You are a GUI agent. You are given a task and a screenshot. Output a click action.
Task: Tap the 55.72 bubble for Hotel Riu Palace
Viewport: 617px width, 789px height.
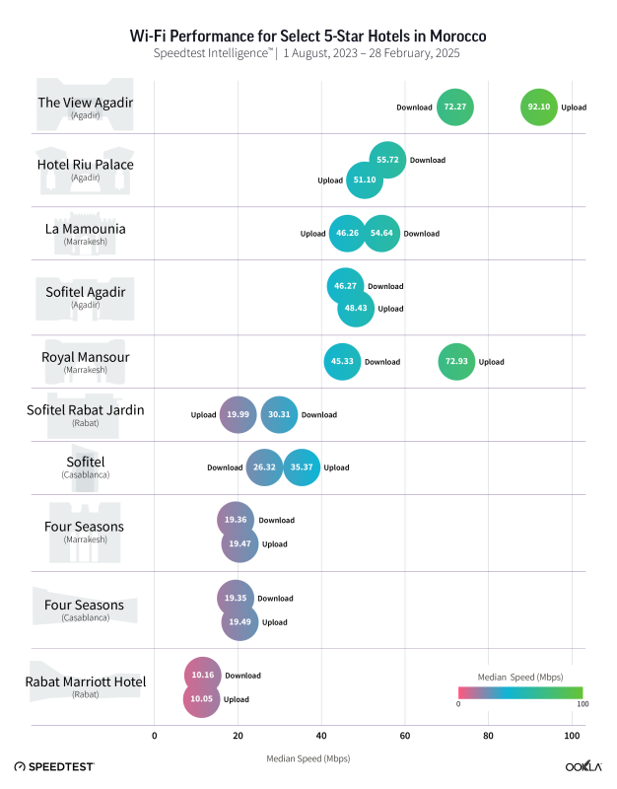click(x=388, y=160)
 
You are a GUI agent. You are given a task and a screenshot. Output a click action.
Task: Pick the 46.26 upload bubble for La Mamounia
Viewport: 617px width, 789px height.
click(x=347, y=234)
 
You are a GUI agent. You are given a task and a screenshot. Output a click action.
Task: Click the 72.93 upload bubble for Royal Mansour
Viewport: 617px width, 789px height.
click(x=455, y=362)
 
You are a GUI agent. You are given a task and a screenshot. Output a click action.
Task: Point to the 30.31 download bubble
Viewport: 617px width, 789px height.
click(x=280, y=414)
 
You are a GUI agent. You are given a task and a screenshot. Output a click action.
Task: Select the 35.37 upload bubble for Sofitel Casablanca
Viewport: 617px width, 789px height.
click(x=303, y=466)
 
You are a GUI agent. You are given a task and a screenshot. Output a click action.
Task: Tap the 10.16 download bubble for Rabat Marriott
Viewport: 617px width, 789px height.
click(x=203, y=676)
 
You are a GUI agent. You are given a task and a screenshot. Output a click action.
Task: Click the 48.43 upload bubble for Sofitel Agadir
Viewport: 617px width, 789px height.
click(x=356, y=309)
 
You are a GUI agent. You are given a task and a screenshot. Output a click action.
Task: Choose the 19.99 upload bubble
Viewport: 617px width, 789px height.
click(x=238, y=414)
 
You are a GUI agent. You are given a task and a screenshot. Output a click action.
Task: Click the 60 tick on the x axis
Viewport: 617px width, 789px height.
click(x=405, y=736)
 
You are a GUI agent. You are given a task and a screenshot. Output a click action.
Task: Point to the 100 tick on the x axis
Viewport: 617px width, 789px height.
click(x=572, y=736)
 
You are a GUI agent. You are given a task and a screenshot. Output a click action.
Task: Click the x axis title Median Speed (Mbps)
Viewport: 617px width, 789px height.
click(x=308, y=758)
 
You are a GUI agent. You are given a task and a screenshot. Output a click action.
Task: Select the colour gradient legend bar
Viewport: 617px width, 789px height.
click(x=520, y=691)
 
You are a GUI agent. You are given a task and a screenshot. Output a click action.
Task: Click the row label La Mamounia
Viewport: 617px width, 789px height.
click(x=86, y=229)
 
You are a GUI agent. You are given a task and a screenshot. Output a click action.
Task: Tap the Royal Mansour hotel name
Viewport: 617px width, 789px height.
click(x=86, y=357)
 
